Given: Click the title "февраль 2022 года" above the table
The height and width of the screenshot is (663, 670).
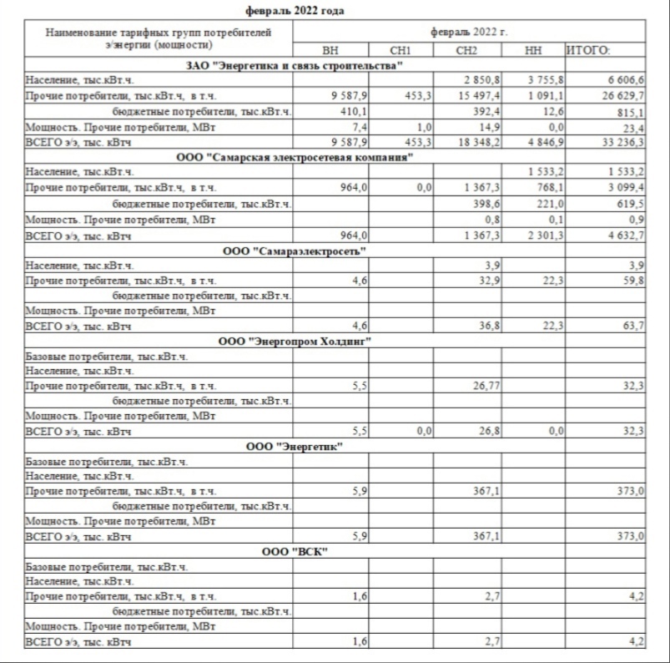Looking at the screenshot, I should [295, 11].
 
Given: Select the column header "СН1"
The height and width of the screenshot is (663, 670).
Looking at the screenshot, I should [400, 51].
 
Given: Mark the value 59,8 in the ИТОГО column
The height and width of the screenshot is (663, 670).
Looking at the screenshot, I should [631, 281].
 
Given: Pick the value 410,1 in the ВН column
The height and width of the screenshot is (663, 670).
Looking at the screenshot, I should [354, 111].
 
